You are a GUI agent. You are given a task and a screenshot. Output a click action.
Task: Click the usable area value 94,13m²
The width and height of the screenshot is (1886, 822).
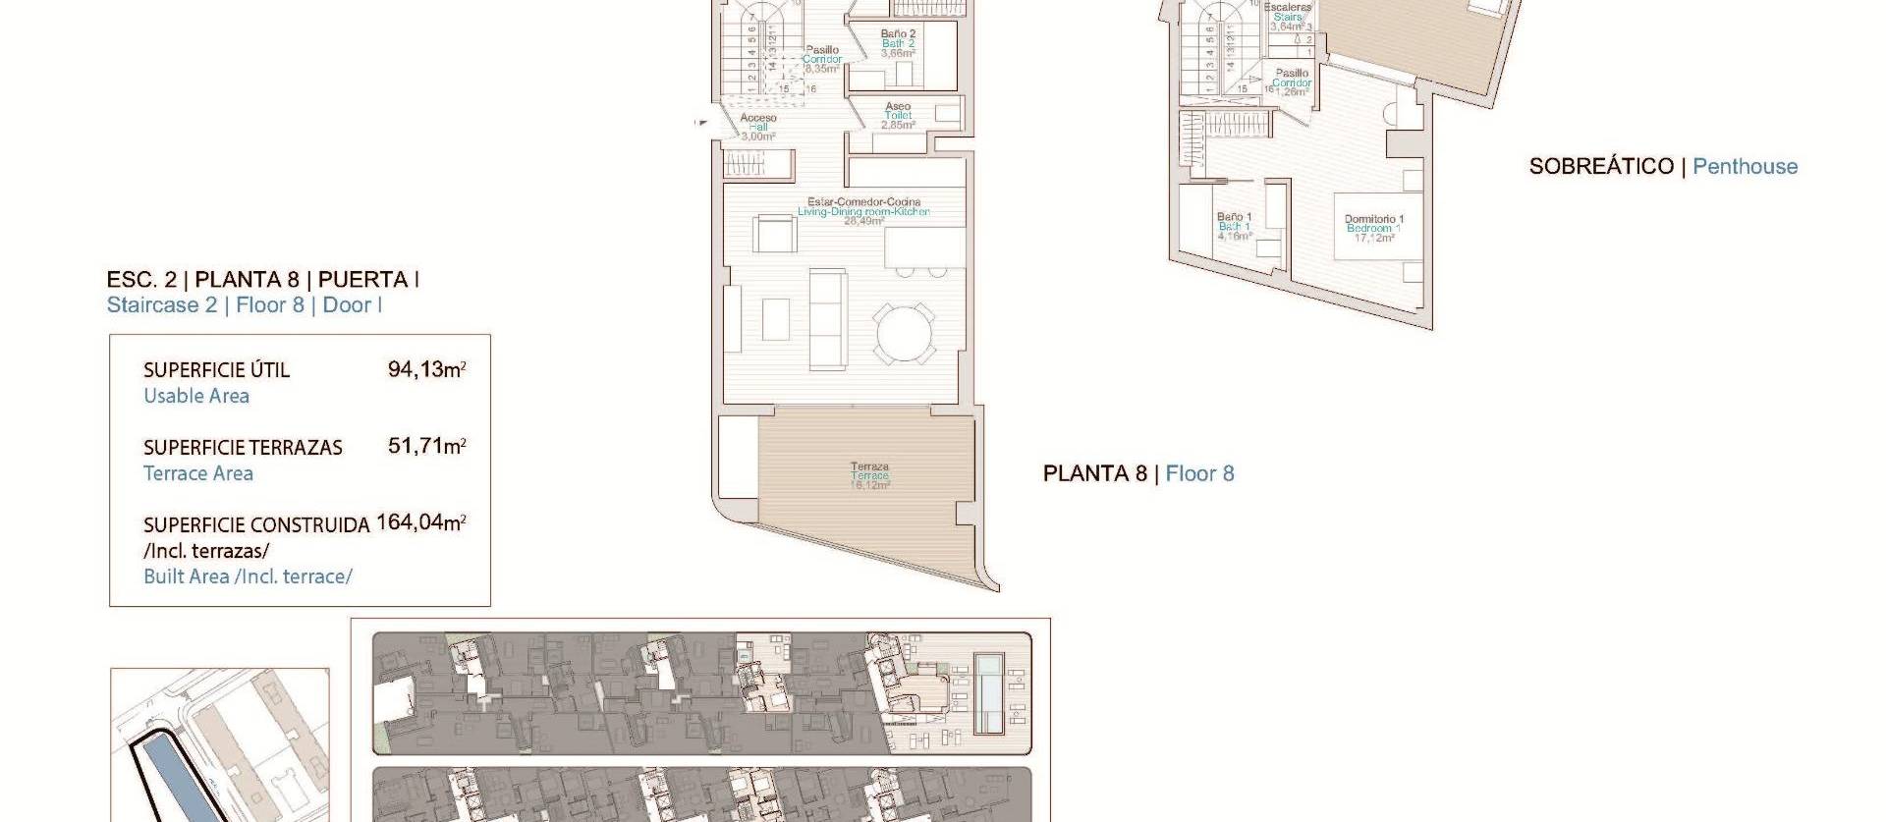click(x=426, y=370)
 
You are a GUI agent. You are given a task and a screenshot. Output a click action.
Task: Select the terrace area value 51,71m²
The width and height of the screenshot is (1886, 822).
click(x=426, y=447)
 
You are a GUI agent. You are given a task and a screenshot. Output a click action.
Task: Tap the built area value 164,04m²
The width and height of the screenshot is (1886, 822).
click(x=420, y=522)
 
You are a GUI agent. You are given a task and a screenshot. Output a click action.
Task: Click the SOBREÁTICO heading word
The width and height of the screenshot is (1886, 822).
click(x=1600, y=167)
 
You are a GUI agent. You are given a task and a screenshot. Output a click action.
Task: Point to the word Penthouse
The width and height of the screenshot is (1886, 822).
click(x=1745, y=167)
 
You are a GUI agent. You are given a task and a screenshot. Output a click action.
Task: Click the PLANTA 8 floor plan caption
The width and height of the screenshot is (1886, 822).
click(x=1094, y=474)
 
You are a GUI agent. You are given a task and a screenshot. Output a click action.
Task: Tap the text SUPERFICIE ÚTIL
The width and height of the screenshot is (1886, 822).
click(x=216, y=370)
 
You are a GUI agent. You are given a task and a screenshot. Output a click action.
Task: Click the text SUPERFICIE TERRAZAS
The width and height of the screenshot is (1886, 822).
click(x=243, y=448)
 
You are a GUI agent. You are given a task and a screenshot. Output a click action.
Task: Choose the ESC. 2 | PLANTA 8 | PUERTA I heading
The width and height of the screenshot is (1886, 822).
click(x=262, y=280)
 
